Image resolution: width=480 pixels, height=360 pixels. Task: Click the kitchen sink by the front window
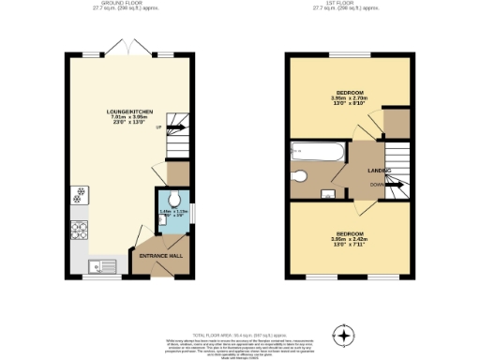pos(97,267)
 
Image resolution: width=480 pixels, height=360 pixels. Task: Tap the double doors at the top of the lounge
pos(126,47)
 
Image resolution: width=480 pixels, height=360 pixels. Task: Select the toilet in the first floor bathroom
pos(300,176)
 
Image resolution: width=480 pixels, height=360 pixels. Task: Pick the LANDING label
pos(379,170)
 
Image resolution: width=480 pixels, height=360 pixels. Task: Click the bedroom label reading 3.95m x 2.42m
pos(347,236)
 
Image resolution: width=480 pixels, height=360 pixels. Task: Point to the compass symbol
pos(346,335)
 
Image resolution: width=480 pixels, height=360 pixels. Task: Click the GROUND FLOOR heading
pos(124,5)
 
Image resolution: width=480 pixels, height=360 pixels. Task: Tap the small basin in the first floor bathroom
pos(329,194)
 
